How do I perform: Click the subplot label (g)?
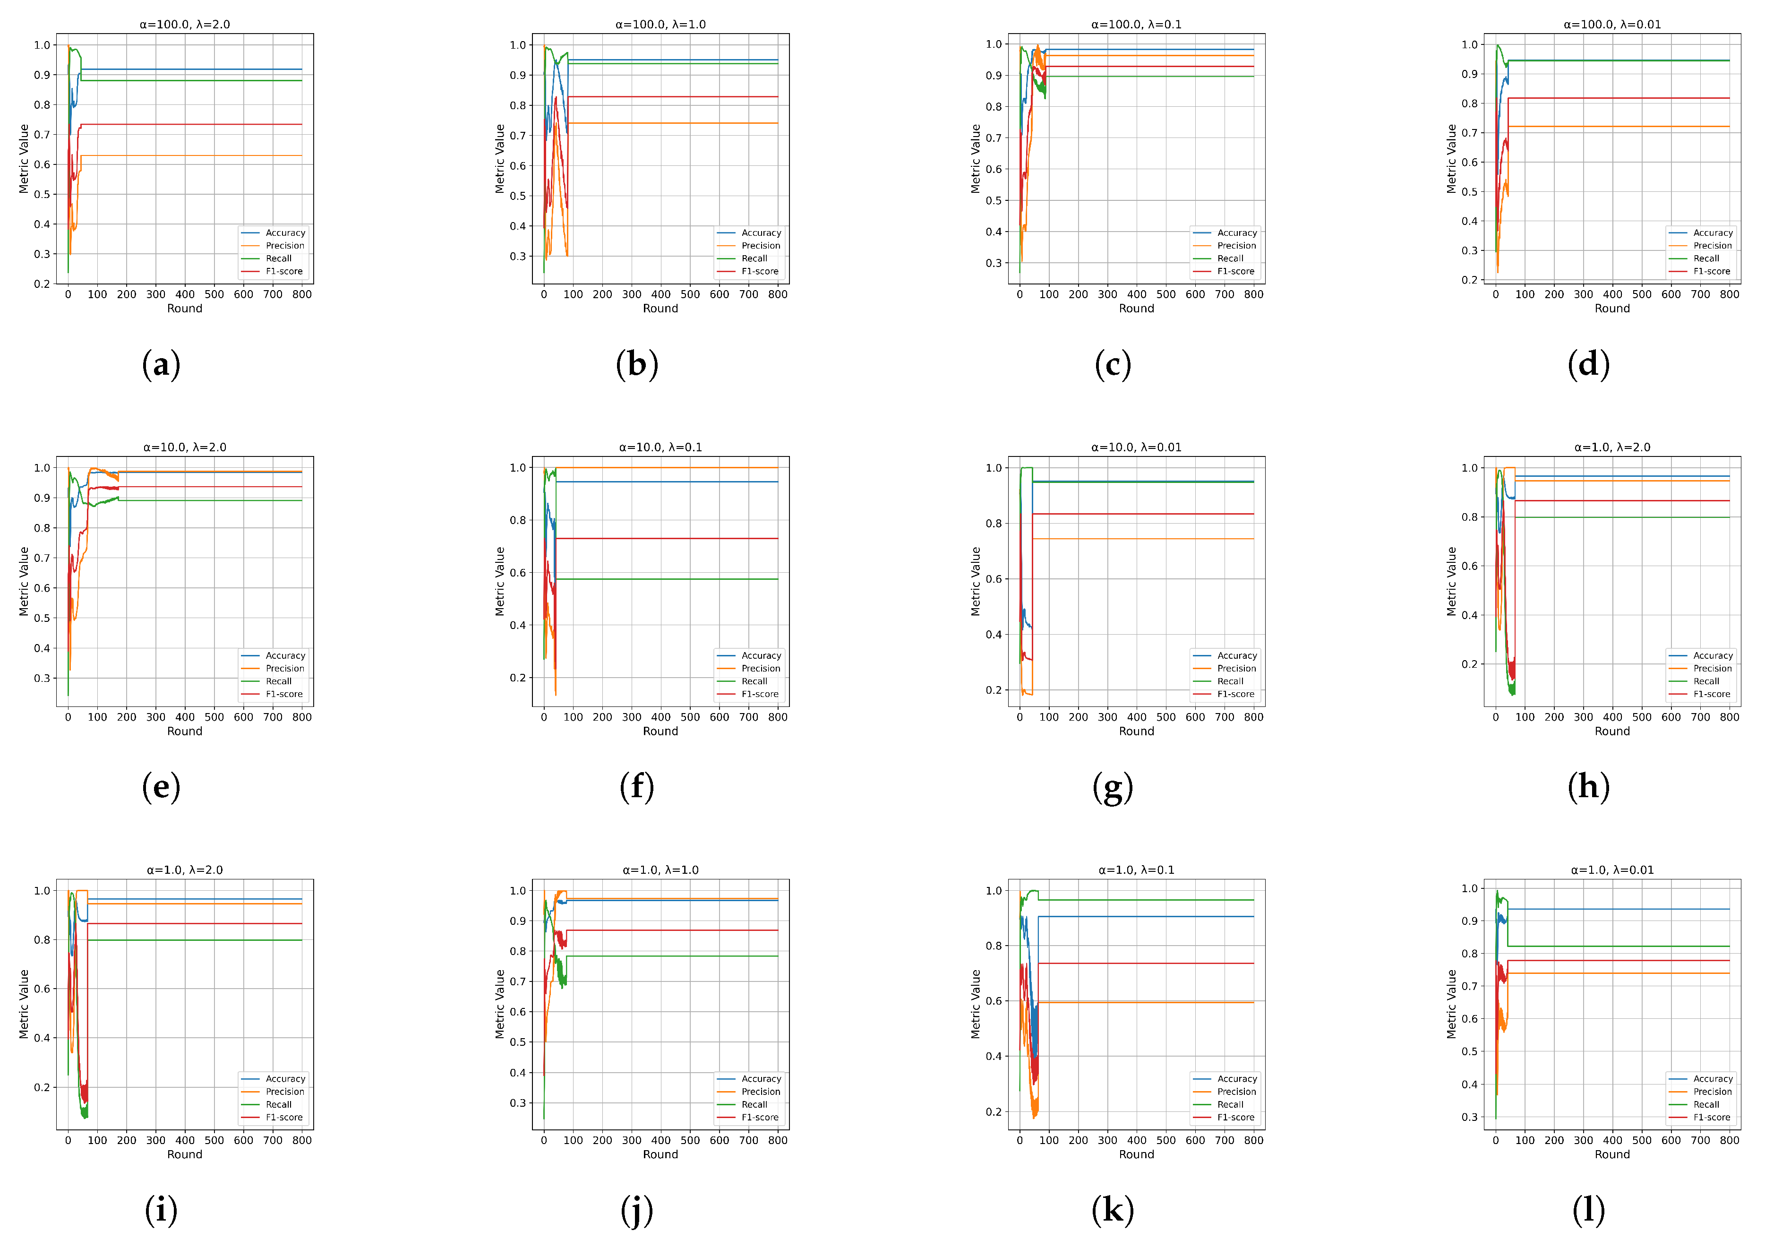tap(1113, 787)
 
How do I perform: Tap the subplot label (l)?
tap(1588, 1210)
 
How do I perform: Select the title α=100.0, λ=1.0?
tap(660, 25)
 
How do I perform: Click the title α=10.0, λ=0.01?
tap(1136, 448)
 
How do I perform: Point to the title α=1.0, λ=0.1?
tap(1136, 870)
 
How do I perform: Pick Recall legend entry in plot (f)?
tap(754, 681)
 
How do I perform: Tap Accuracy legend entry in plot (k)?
tap(1237, 1079)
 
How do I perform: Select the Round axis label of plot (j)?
tap(660, 1154)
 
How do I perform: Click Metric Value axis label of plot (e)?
tap(24, 581)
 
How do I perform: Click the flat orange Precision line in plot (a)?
tap(192, 156)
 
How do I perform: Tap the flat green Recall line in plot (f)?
tap(669, 579)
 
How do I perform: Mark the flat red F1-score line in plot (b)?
tap(669, 97)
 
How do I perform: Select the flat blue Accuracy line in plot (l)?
tap(1614, 910)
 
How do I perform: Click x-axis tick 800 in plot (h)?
tap(1729, 717)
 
